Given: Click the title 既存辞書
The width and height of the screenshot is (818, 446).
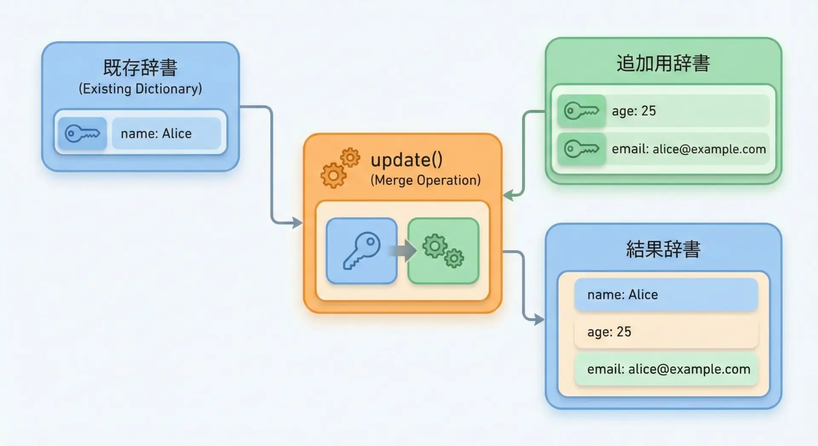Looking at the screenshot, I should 140,67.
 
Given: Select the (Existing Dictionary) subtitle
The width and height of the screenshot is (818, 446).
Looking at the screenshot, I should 140,89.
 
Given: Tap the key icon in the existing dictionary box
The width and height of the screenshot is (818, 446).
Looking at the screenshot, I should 82,133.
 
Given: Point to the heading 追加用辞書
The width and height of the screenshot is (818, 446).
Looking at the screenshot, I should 663,63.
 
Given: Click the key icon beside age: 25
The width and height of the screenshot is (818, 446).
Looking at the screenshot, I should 582,111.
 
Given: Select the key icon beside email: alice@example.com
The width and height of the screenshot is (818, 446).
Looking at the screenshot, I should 582,149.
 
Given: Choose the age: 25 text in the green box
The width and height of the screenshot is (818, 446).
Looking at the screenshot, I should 634,111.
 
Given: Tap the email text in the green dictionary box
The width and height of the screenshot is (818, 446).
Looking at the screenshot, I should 688,149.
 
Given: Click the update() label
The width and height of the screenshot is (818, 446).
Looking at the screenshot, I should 406,160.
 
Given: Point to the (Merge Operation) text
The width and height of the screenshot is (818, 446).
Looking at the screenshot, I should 425,180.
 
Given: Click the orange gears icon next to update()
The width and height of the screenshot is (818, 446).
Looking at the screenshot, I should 340,168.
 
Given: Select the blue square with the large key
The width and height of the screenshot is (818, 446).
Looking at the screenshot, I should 361,250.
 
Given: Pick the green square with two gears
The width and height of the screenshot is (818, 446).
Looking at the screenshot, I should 443,250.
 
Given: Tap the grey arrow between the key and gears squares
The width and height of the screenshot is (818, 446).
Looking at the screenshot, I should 403,250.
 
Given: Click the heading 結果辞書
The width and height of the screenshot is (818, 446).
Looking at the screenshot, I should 663,249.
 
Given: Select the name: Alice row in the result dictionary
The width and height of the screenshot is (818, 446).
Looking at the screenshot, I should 666,294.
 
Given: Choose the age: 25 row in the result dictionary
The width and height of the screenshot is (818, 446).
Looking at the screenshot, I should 666,332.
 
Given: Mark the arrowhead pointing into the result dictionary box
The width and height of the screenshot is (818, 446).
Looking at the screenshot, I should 539,319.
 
